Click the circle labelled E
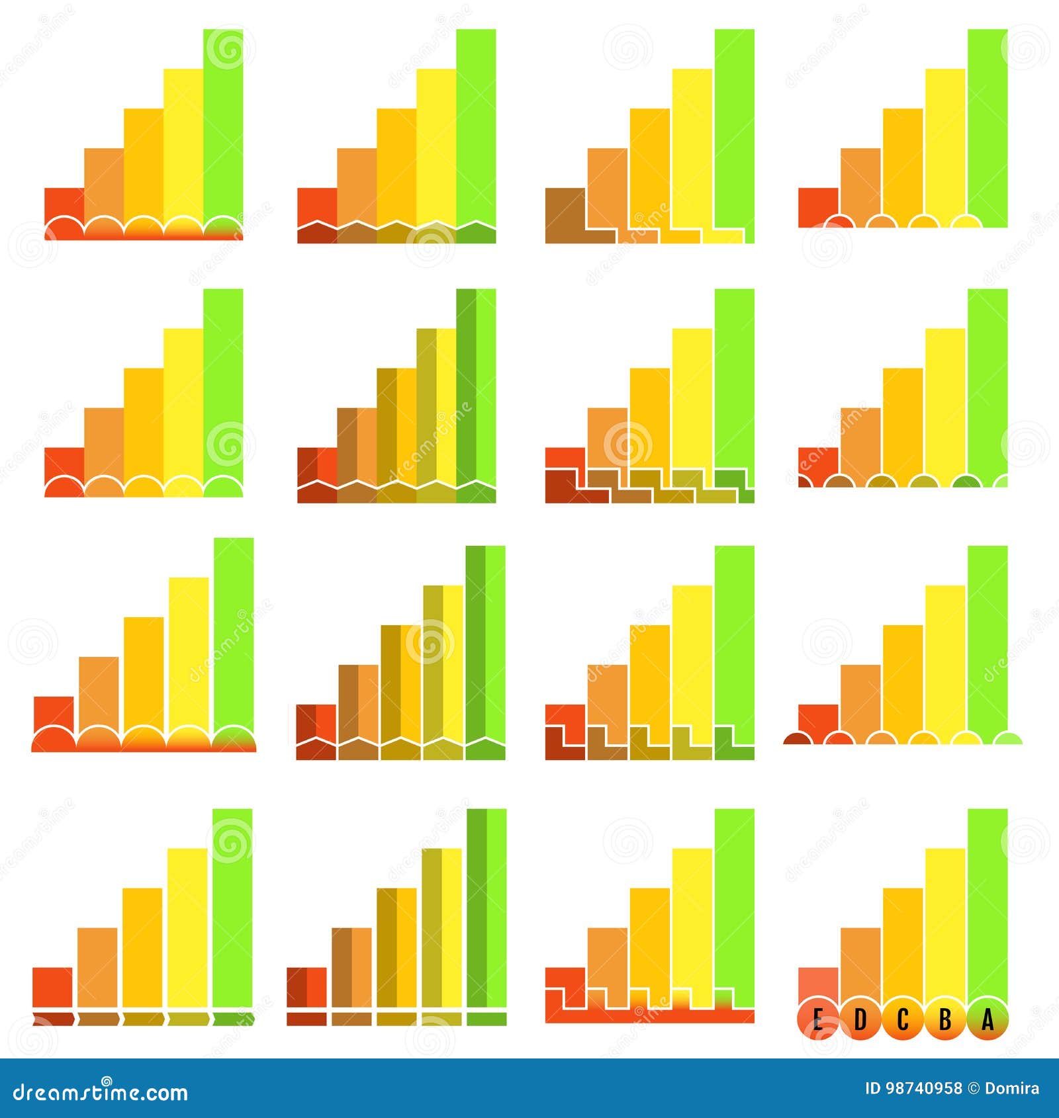817,1021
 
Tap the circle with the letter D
860,1021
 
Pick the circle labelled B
945,1021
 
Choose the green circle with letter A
988,1021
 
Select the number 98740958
923,1089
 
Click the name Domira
1012,1089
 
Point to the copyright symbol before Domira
974,1089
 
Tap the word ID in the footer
874,1089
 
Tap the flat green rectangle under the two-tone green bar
486,1019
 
